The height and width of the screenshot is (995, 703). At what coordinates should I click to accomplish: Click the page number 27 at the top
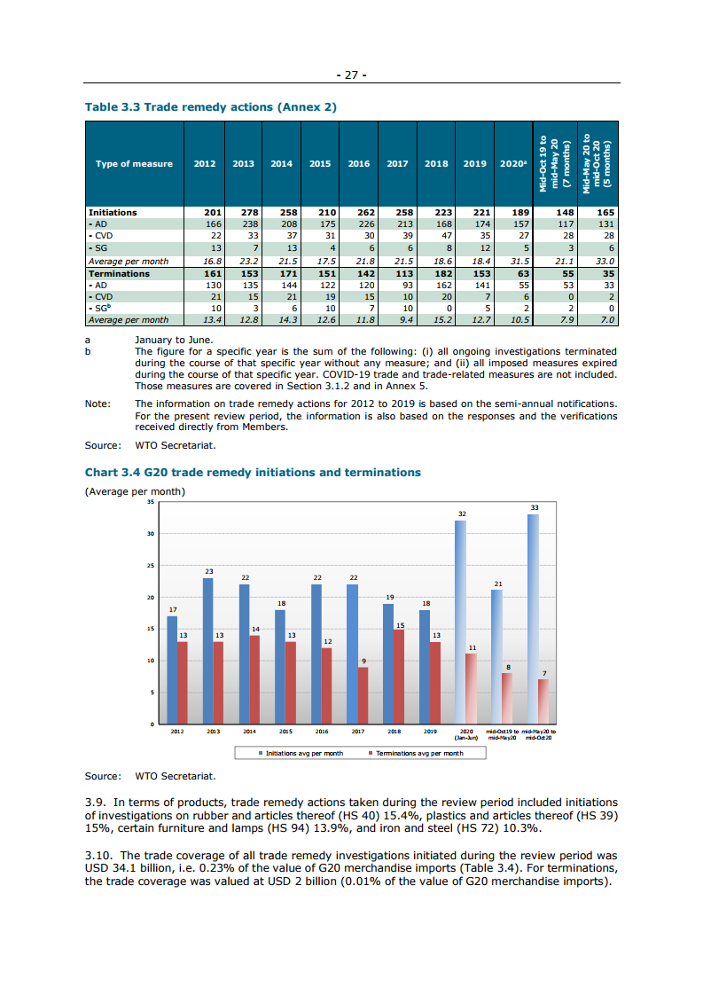click(x=351, y=74)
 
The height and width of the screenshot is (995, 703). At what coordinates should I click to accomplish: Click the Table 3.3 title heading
click(x=210, y=106)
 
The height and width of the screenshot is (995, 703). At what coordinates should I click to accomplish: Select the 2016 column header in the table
click(x=359, y=164)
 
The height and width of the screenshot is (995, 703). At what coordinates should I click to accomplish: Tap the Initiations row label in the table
click(x=113, y=213)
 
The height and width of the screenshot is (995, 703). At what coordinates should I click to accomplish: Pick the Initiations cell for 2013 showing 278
click(x=244, y=213)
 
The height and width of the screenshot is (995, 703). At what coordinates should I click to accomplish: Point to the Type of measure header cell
click(x=134, y=164)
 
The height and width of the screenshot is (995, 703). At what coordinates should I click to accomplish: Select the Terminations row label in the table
click(x=119, y=274)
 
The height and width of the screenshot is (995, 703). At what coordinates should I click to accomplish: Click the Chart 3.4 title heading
click(x=253, y=473)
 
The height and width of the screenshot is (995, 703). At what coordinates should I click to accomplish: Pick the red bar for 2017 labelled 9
click(x=363, y=695)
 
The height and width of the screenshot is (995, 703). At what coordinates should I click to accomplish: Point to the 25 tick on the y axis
click(x=151, y=566)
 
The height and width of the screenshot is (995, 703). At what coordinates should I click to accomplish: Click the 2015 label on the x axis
click(x=285, y=732)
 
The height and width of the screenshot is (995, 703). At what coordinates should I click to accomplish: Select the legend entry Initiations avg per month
click(x=301, y=753)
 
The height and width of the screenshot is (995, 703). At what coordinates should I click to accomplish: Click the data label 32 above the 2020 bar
click(x=461, y=514)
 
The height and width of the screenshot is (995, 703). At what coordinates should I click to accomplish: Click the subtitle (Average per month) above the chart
click(x=134, y=491)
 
